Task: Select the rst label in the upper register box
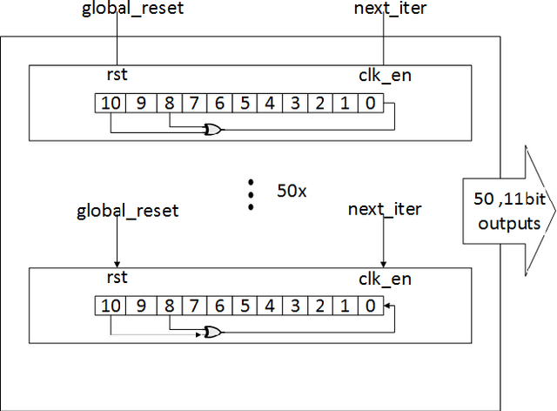pyautogui.click(x=117, y=75)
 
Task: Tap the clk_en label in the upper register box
pyautogui.click(x=385, y=75)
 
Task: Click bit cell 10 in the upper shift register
pyautogui.click(x=111, y=103)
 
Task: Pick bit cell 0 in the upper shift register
pyautogui.click(x=370, y=103)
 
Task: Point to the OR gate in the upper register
pyautogui.click(x=211, y=130)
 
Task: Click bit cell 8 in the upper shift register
pyautogui.click(x=170, y=103)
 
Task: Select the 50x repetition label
pyautogui.click(x=292, y=190)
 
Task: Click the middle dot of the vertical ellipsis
pyautogui.click(x=251, y=194)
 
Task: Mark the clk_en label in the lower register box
pyautogui.click(x=385, y=280)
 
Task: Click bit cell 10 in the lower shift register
pyautogui.click(x=111, y=307)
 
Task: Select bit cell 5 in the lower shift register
pyautogui.click(x=245, y=307)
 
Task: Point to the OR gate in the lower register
pyautogui.click(x=211, y=333)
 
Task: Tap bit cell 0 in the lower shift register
pyautogui.click(x=370, y=307)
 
